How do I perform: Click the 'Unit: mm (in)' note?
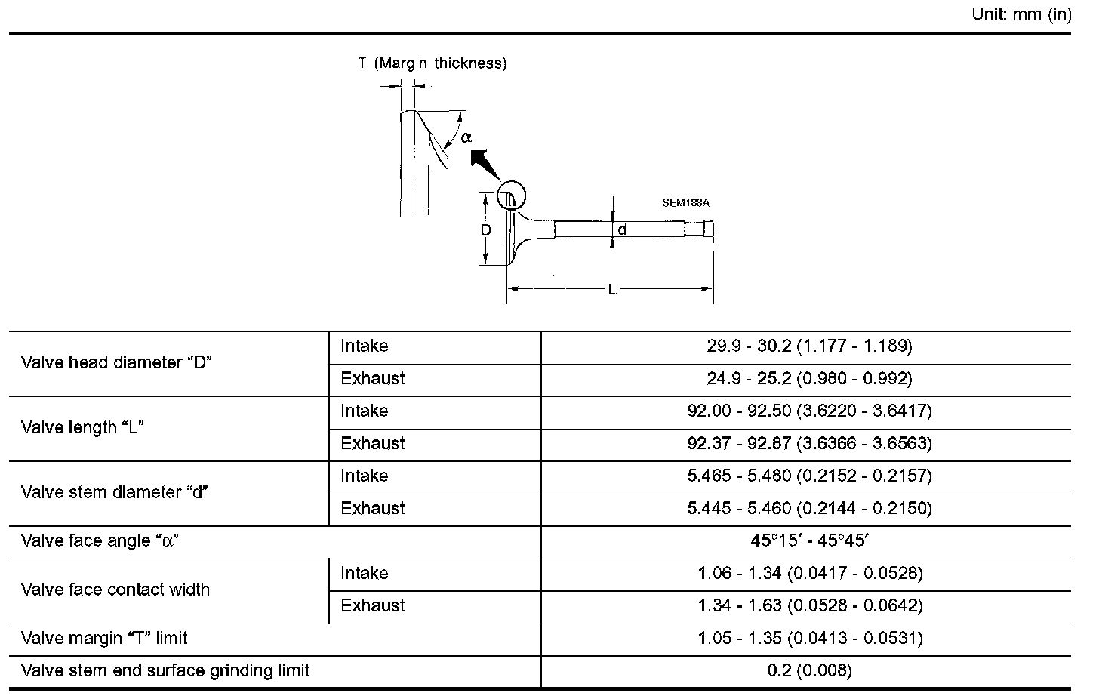click(1021, 15)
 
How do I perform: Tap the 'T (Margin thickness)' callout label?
click(433, 63)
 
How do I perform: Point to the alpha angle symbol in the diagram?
click(466, 137)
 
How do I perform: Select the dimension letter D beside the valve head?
click(486, 229)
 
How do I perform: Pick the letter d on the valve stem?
click(622, 229)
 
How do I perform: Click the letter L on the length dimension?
click(612, 289)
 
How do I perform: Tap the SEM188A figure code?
click(685, 203)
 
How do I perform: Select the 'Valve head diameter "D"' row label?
click(116, 362)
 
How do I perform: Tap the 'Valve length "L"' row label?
click(82, 427)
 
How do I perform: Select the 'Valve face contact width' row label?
click(115, 590)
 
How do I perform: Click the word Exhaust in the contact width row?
click(373, 606)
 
